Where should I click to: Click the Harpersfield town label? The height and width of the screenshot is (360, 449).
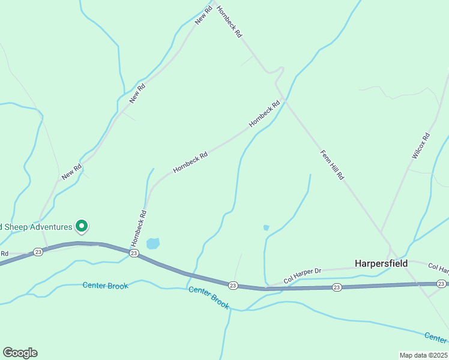(381, 263)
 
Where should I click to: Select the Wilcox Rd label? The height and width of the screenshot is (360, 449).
(421, 146)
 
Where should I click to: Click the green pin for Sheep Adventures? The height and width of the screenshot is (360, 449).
(82, 226)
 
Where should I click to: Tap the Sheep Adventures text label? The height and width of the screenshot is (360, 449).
(36, 227)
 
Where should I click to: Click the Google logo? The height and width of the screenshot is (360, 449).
(20, 353)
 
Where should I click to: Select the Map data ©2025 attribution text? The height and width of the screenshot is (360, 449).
(423, 355)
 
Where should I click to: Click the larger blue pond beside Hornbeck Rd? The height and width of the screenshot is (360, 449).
(153, 243)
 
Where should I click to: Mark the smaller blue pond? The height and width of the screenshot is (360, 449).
(266, 228)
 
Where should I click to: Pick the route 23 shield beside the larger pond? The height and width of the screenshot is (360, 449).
(134, 254)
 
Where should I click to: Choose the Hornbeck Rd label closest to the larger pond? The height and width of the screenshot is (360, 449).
(139, 228)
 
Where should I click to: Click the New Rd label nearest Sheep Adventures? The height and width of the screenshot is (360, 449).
(71, 172)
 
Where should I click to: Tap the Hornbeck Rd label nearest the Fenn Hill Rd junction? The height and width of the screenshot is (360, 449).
(265, 113)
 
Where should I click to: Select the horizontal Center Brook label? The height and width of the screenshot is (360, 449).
(105, 286)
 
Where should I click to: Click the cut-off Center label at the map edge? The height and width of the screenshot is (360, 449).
(436, 337)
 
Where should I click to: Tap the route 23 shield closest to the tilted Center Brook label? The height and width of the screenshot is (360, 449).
(234, 285)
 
